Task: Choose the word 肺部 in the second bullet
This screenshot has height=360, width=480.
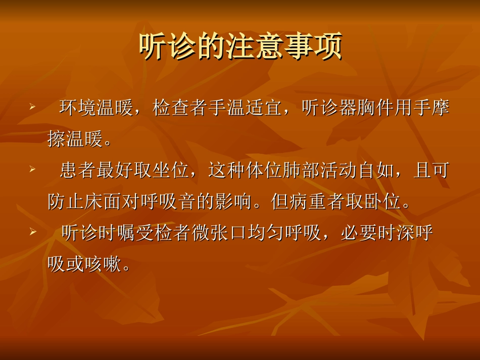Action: coord(303,171)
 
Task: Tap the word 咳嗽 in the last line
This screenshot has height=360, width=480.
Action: coord(104,265)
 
